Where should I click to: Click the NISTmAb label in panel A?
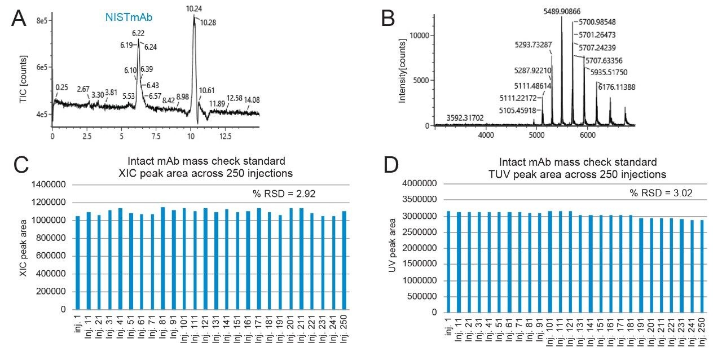(129, 18)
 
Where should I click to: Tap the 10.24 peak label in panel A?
(193, 9)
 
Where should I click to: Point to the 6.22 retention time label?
(138, 34)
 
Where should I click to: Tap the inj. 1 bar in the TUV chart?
(449, 262)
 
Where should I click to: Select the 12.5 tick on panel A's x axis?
(225, 137)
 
